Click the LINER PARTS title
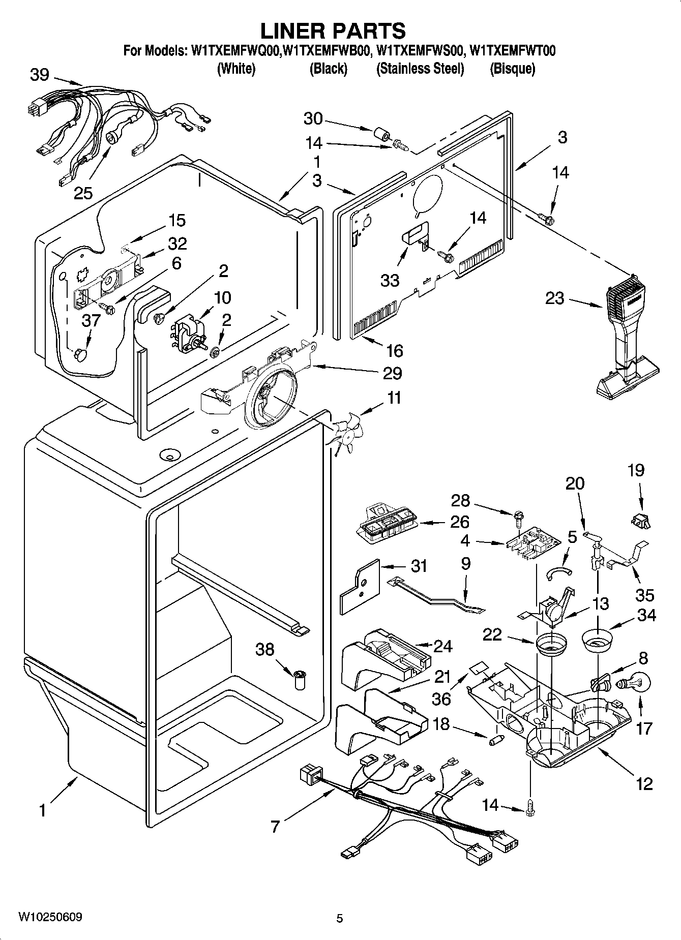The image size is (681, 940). pos(333,31)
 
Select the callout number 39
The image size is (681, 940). pos(39,75)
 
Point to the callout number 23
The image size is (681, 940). pos(554,298)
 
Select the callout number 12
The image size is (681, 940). pos(644,783)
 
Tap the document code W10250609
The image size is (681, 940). pos(50,917)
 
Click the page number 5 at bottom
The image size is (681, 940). pos(339,918)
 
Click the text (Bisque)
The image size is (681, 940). pos(512,69)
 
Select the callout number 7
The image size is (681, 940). pos(275,827)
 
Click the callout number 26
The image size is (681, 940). pos(459,522)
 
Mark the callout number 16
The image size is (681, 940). pos(395,351)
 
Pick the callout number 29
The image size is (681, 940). pos(392,374)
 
